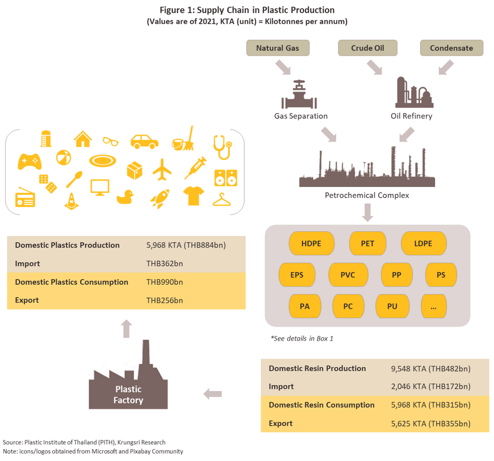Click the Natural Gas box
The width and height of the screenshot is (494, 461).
pos(278,48)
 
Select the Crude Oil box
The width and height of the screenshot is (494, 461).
pos(367,48)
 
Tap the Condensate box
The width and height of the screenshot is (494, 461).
pos(451,48)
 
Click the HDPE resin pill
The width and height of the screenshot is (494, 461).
pos(311,243)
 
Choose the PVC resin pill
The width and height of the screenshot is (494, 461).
pos(348,275)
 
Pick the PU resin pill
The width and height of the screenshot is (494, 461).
pos(392,306)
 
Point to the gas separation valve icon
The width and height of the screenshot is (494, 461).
pos(299,94)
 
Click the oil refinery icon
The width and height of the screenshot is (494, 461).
pos(414,92)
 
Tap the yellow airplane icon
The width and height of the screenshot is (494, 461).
pos(162,170)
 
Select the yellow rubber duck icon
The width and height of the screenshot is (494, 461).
pos(125,197)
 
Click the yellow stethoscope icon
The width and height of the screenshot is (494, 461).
pos(223,147)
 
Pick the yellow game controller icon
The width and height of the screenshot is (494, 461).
pos(30,161)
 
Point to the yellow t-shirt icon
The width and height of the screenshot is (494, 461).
pos(194,196)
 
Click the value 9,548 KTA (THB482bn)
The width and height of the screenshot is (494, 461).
pos(430,368)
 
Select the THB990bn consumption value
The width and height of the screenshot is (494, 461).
pos(165,282)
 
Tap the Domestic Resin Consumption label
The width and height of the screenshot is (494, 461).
pos(321,405)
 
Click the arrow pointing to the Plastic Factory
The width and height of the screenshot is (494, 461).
pos(213,394)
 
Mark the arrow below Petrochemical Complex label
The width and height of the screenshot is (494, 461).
pos(367,213)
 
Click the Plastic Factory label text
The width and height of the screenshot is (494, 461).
pos(128,394)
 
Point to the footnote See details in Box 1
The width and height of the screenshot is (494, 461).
pos(302,338)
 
